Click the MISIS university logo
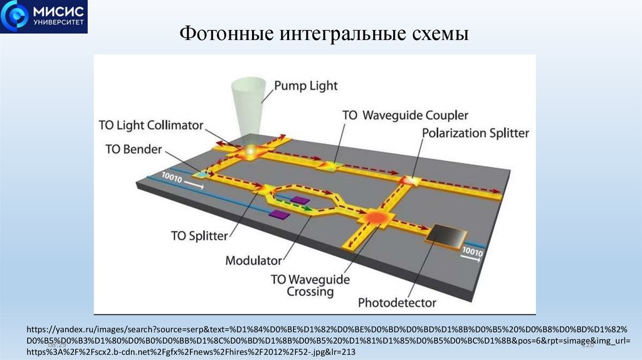(x=44, y=17)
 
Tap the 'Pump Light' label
(x=307, y=86)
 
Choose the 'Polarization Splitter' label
(x=475, y=133)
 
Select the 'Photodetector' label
(x=397, y=303)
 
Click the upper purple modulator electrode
(x=301, y=201)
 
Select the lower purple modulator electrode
(x=279, y=214)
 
